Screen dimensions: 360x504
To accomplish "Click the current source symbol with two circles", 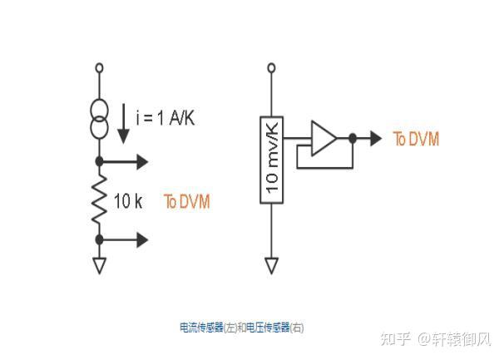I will point(100,121).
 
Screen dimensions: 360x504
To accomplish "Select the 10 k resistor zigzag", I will point(100,200).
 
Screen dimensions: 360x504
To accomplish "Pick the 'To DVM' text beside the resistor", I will point(186,201).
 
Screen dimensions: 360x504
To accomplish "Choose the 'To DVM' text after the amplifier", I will point(416,138).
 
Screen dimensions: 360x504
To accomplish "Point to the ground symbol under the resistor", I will point(100,265).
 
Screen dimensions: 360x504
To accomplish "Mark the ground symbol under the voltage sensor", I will point(271,265).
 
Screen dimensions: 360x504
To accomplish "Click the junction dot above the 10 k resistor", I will point(100,160).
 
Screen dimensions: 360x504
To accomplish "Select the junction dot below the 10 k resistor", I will point(100,239).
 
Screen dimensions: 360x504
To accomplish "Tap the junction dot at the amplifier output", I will point(353,138).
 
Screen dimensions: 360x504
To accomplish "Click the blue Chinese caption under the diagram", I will point(241,328).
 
